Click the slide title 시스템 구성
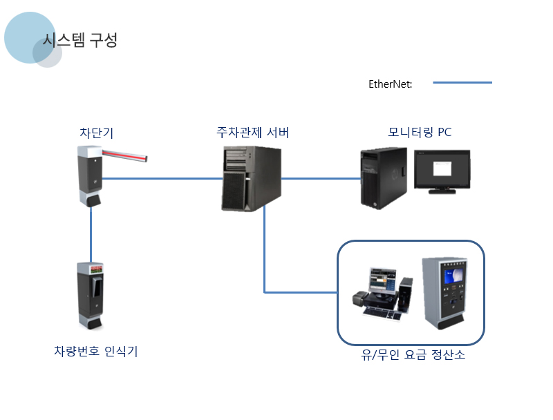tap(80, 41)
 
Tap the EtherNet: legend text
tap(391, 84)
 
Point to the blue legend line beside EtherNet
tap(462, 82)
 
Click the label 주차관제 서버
tap(252, 132)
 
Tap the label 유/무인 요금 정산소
tap(413, 356)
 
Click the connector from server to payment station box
tap(265, 262)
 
